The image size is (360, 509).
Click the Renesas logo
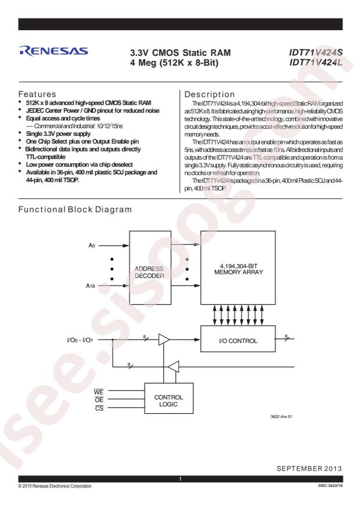coord(53,51)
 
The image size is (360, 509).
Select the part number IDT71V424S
coord(315,52)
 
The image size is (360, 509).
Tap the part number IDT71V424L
coord(315,62)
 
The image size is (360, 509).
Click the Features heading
coord(37,94)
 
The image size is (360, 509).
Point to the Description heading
coord(210,95)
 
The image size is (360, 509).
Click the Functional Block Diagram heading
coord(75,210)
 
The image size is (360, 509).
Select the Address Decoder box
coord(150,268)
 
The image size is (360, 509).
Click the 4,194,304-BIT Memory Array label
coord(238,269)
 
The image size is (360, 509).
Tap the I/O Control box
coord(238,339)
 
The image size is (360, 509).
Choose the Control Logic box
coord(169,398)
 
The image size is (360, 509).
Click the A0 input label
coord(92,246)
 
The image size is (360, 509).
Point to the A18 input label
coord(90,286)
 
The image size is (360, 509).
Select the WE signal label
coord(99,392)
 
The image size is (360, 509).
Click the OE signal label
coord(99,400)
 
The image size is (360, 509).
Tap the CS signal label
coord(99,408)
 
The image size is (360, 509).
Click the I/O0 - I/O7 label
coord(80,340)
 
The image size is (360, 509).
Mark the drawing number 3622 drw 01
coord(281,417)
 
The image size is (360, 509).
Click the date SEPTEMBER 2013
coord(309,468)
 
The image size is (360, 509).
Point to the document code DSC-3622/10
coord(330,486)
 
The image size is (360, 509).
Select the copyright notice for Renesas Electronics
coord(55,486)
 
